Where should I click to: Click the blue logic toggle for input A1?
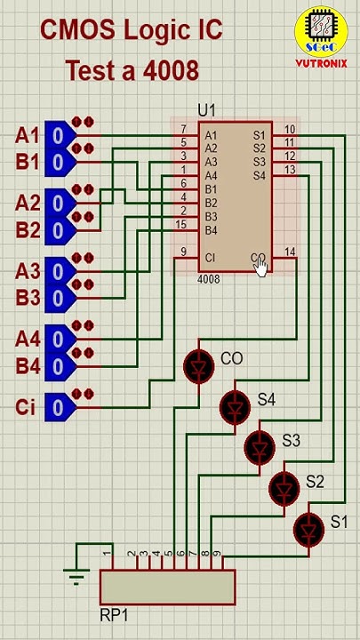pos(57,135)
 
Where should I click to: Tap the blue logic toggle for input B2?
pos(57,230)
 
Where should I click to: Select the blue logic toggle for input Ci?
pos(57,407)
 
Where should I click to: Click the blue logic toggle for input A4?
pos(57,339)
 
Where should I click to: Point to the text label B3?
pos(28,298)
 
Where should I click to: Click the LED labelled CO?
pos(197,365)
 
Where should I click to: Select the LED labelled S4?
pos(235,407)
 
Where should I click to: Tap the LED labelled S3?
pos(260,447)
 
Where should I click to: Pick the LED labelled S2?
pos(284,487)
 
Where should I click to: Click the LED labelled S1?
pos(308,529)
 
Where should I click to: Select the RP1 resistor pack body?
pos(167,587)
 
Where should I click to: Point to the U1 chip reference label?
pos(206,110)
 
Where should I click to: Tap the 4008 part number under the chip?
pos(208,279)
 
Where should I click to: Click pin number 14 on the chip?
pos(290,252)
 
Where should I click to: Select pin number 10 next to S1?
pos(290,130)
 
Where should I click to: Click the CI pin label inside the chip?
pos(210,258)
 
